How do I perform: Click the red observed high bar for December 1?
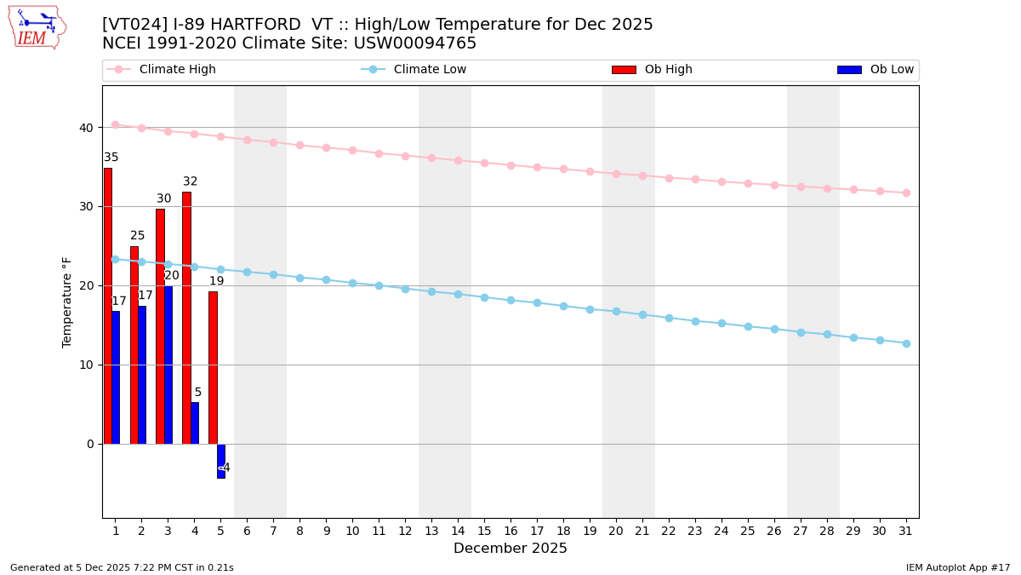pos(108,306)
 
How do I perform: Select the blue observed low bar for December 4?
pos(195,423)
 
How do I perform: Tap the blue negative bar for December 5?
pos(221,461)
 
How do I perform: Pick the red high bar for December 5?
pos(213,367)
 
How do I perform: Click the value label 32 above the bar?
pos(190,181)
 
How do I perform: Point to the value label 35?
pos(111,158)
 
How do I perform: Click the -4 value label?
pos(225,468)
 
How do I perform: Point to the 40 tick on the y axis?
pos(87,128)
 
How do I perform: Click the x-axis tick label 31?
pos(906,531)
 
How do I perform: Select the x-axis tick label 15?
pos(484,531)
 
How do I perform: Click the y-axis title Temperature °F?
pos(67,302)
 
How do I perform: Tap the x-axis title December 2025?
pos(510,549)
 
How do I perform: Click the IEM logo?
pos(37,28)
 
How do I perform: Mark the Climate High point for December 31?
pos(906,193)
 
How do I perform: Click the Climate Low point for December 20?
pos(616,312)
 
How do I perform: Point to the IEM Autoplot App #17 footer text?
pos(957,567)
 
